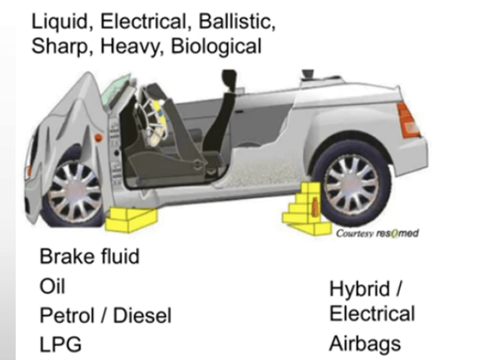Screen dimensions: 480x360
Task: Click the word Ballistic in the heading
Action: [237, 22]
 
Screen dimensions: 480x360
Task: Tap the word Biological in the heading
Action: [216, 47]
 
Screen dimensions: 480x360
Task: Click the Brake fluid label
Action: [89, 256]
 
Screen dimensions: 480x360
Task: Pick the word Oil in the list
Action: [53, 286]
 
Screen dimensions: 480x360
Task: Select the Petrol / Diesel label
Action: [105, 315]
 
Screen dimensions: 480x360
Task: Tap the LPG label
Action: [60, 345]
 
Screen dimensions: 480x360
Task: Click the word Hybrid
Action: [360, 289]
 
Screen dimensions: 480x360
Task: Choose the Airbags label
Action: [365, 344]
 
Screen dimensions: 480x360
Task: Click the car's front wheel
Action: [74, 194]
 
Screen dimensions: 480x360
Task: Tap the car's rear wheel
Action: [352, 184]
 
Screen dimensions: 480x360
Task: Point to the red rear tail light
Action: [408, 121]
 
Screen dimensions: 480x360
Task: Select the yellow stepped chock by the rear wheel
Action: [307, 209]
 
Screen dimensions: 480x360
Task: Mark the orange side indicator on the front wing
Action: [98, 138]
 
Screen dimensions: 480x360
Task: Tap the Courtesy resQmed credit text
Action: [377, 234]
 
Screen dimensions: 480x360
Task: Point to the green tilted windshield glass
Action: [116, 89]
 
